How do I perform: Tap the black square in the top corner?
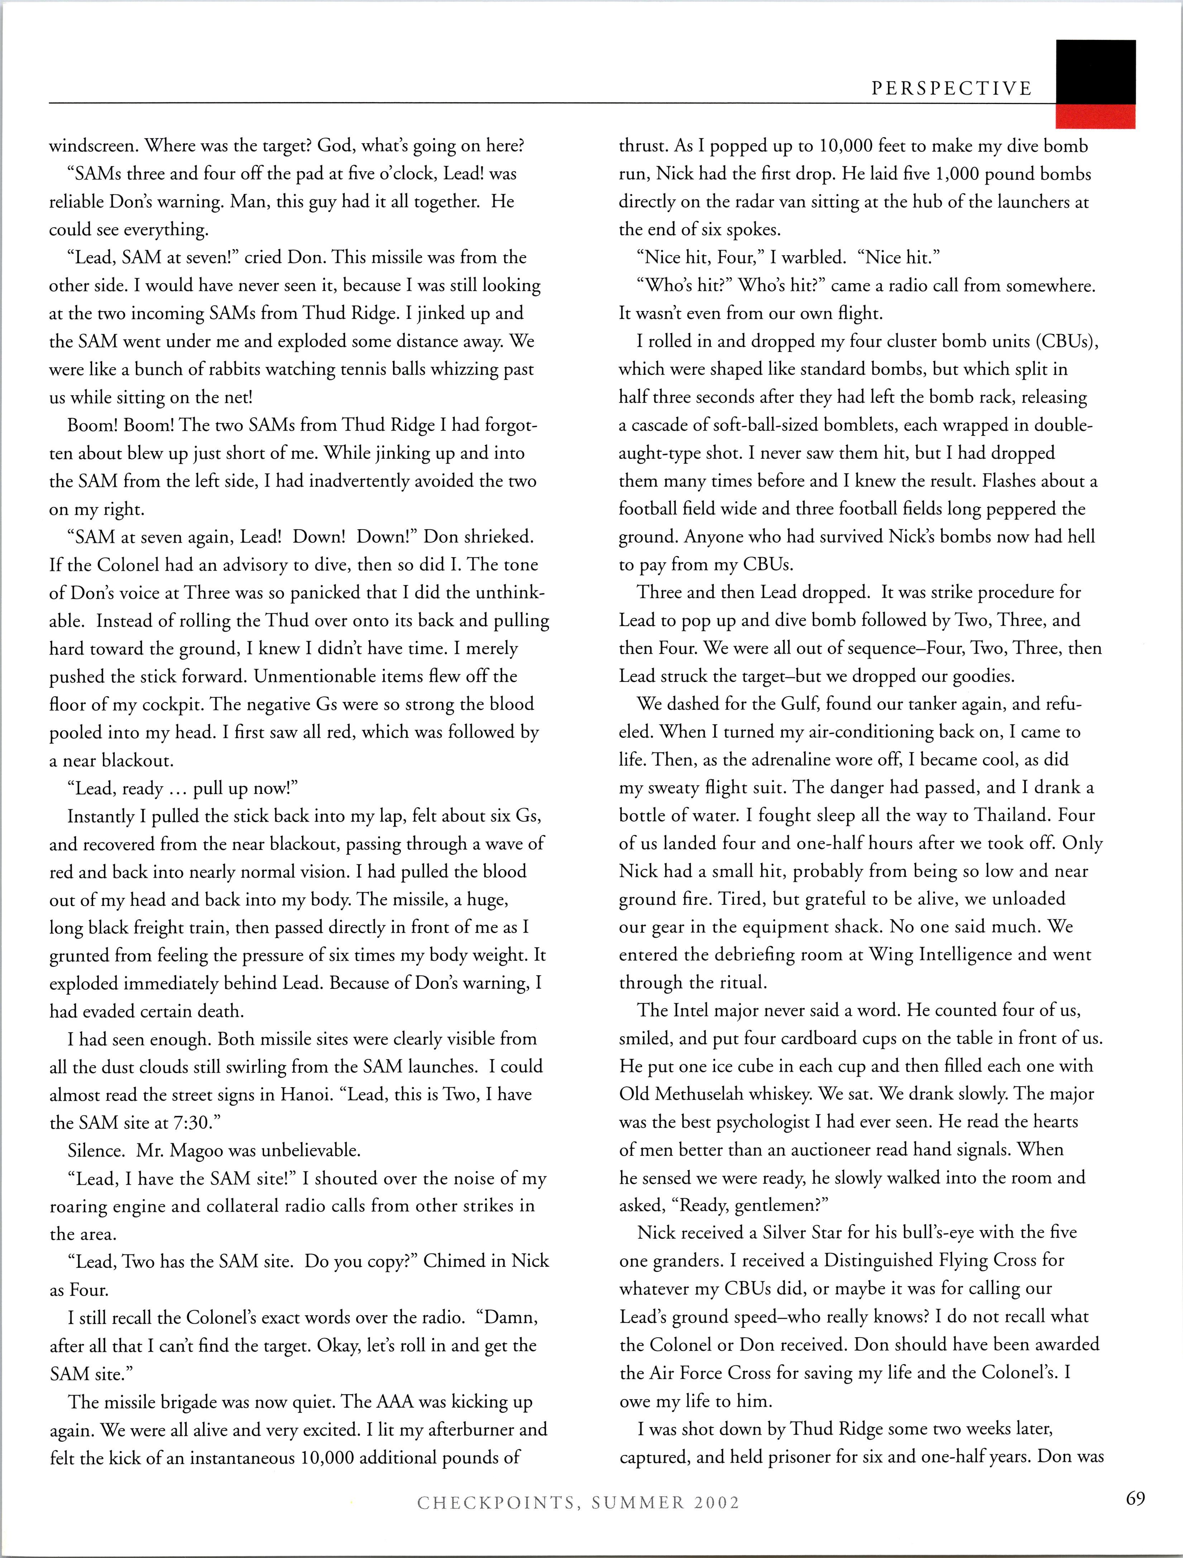point(1096,72)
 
